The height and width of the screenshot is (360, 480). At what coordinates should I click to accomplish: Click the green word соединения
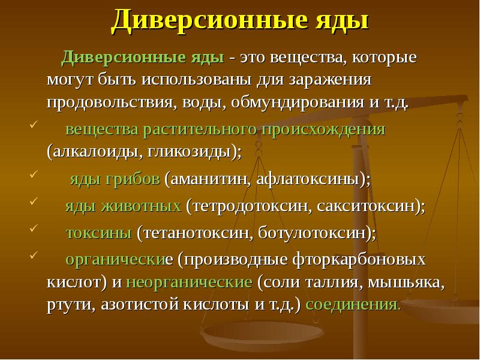tap(351, 303)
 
